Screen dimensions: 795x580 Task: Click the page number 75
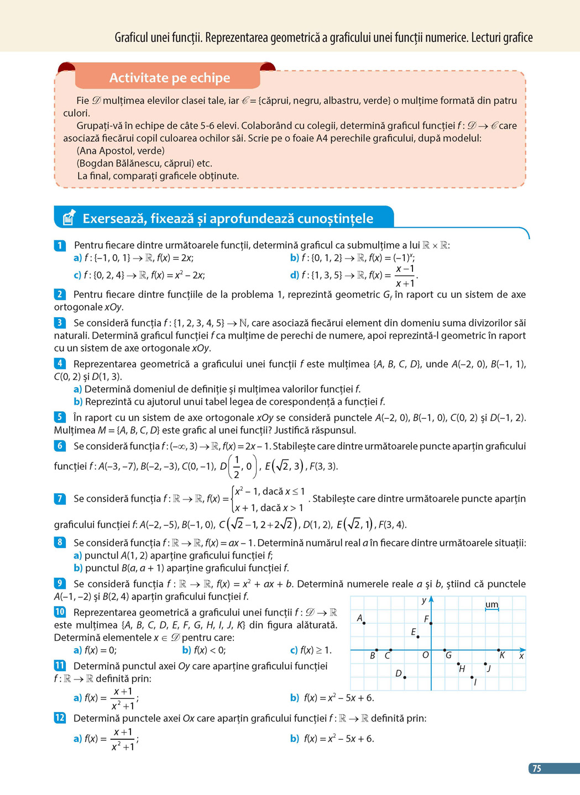click(x=536, y=768)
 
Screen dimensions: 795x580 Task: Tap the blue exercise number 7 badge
click(x=60, y=498)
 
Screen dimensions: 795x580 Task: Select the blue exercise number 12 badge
click(x=60, y=718)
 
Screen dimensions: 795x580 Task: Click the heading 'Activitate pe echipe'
click(x=169, y=78)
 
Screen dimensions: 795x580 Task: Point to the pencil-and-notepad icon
click(x=69, y=218)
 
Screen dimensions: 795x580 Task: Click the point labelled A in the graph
click(x=364, y=623)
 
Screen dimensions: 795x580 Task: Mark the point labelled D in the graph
click(x=405, y=677)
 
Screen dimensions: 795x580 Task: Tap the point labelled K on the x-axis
click(x=499, y=650)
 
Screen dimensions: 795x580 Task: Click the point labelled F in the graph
click(x=431, y=623)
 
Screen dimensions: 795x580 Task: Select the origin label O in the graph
click(x=425, y=655)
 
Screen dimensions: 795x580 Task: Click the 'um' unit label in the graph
click(x=492, y=604)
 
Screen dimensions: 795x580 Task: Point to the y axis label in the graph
click(x=424, y=601)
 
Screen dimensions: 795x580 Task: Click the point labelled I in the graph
click(x=472, y=677)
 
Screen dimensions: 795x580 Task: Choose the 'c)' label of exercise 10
click(x=294, y=650)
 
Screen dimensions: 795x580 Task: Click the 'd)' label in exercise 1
click(x=295, y=275)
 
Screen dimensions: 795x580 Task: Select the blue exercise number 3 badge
click(x=60, y=323)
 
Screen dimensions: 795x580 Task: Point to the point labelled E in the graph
click(x=418, y=637)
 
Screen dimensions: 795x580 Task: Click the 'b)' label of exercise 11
click(x=295, y=698)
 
